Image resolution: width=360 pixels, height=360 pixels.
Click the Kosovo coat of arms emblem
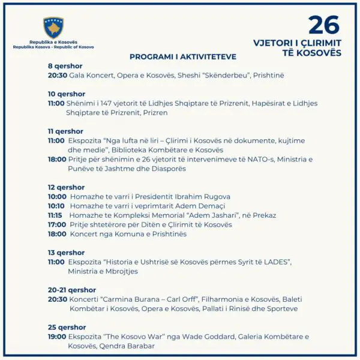coord(53,27)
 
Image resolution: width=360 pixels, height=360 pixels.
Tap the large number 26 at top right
coord(323,25)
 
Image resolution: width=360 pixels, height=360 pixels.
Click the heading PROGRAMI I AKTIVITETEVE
coord(183,57)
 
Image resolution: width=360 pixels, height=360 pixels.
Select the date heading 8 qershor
coord(65,66)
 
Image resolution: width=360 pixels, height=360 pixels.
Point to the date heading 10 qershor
coord(67,94)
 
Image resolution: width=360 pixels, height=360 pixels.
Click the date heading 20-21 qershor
coord(72,290)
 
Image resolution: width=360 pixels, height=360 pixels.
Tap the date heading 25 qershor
coord(67,327)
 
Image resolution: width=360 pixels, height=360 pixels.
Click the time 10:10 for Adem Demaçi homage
coord(57,206)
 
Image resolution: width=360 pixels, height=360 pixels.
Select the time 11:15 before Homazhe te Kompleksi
coord(55,215)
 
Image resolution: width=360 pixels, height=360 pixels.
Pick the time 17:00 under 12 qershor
coord(57,224)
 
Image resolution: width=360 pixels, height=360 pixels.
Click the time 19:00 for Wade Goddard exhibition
coord(57,337)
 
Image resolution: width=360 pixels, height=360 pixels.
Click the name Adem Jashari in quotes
coord(193,215)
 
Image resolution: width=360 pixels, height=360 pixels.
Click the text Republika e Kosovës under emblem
coord(53,42)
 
